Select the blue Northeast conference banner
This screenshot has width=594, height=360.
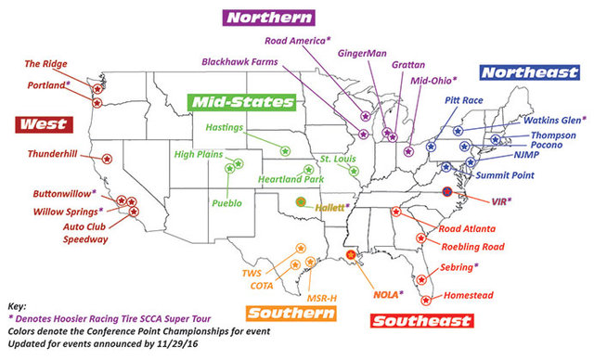point(524,71)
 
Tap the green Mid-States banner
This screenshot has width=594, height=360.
point(240,101)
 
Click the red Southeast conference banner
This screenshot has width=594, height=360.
point(421,322)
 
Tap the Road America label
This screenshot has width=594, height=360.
point(298,41)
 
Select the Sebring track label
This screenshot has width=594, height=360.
point(460,266)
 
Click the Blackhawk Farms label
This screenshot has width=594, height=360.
point(240,62)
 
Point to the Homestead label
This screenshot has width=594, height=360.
point(468,296)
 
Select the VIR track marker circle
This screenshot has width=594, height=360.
point(448,191)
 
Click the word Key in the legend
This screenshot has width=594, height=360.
point(17,304)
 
